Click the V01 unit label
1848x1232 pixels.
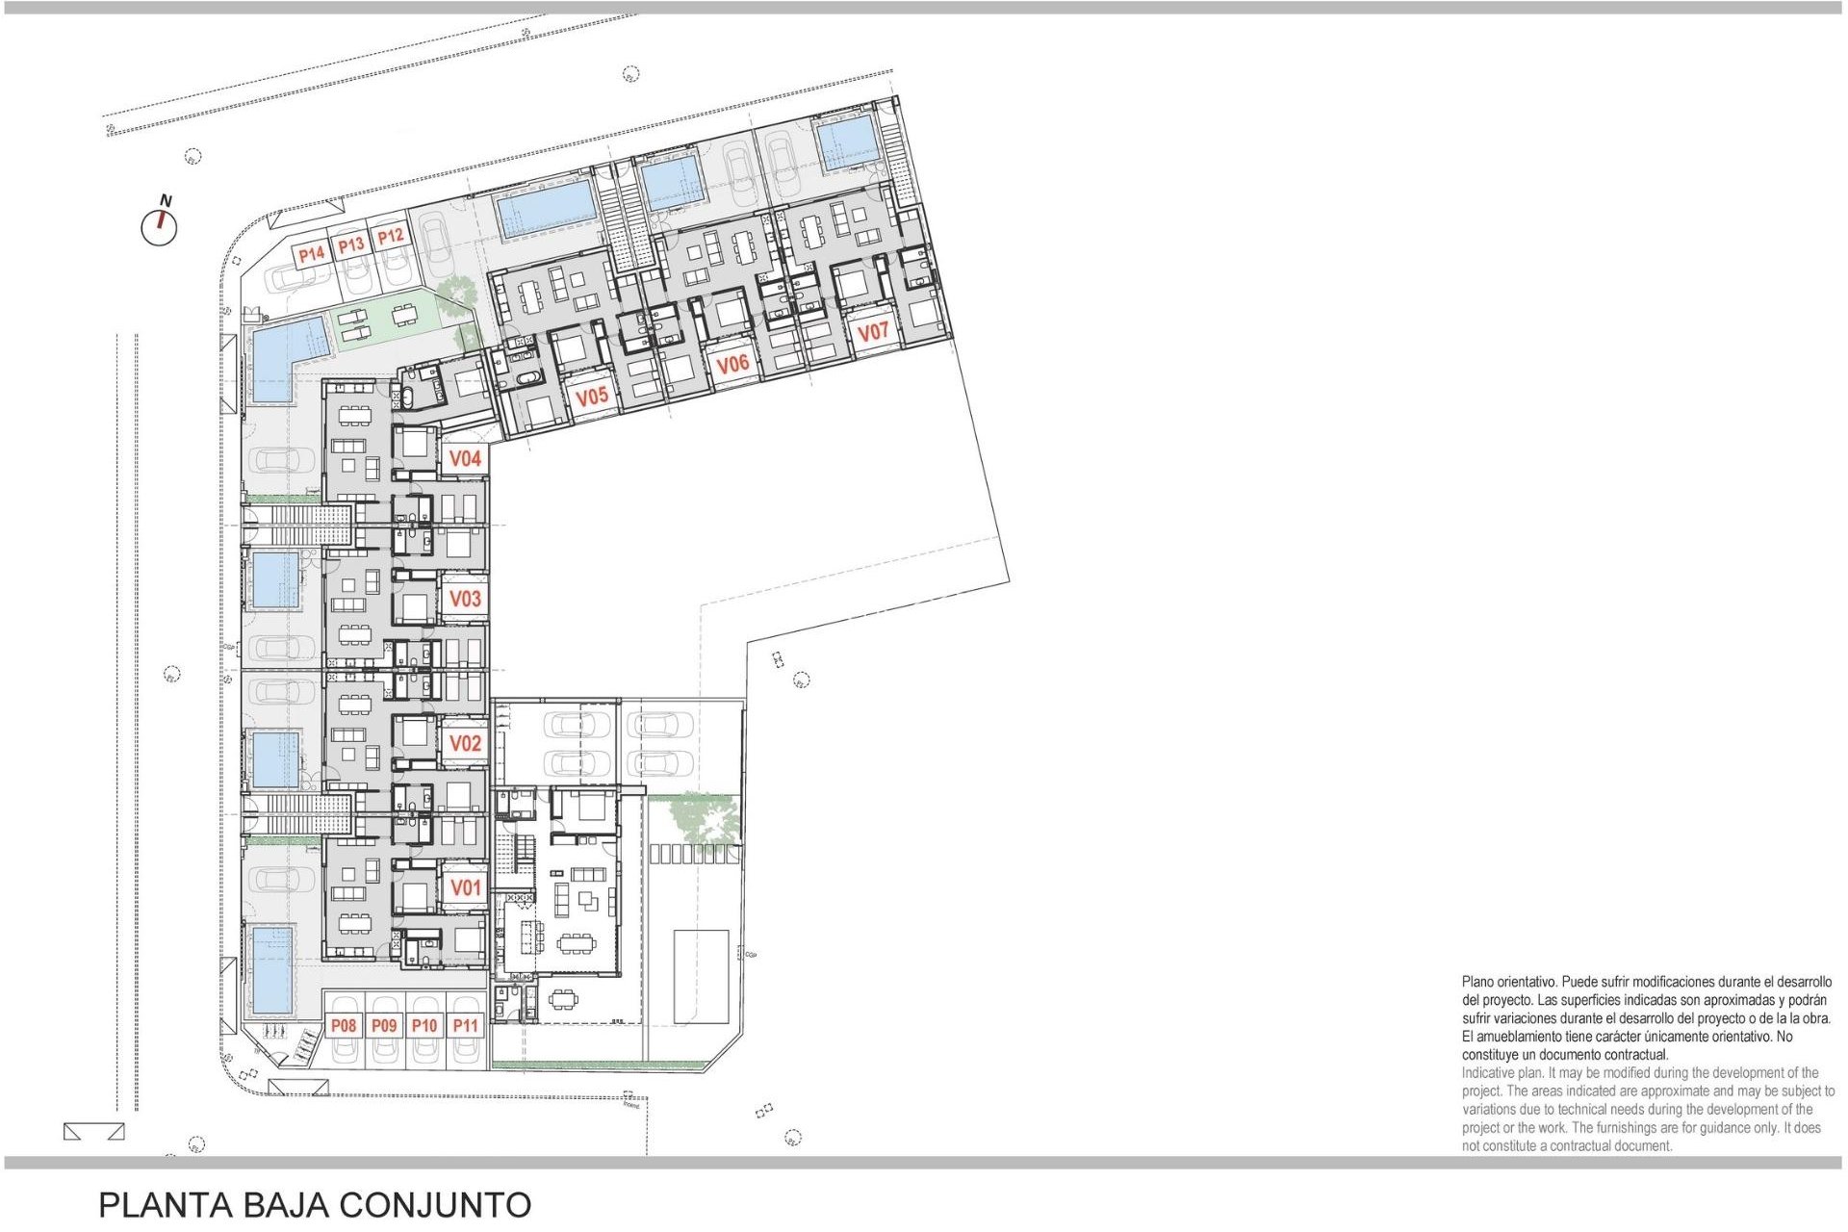coord(465,887)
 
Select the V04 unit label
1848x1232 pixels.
coord(465,459)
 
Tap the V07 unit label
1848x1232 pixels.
coord(873,332)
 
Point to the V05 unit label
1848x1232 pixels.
coord(592,396)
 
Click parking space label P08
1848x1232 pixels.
coord(344,1026)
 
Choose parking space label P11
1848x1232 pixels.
coord(465,1026)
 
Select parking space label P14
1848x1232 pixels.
coord(311,254)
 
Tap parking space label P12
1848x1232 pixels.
coord(390,236)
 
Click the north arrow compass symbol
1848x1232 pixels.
coord(160,225)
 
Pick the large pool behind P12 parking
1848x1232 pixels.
coord(547,209)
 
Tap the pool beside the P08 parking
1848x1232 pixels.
coord(271,969)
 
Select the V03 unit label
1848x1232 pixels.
coord(465,599)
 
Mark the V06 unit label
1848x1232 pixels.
coord(732,364)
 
